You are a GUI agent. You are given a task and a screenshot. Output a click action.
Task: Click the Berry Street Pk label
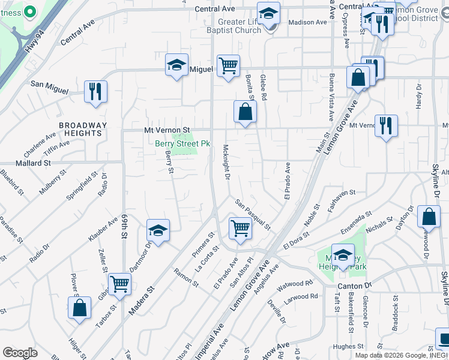[182, 144]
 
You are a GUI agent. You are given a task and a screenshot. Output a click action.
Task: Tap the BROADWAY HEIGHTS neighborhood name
[83, 129]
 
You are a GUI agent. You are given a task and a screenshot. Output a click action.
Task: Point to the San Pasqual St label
[253, 215]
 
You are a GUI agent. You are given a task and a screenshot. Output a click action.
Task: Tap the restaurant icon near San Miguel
[95, 91]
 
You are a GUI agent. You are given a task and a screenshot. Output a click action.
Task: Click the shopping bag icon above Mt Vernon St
[245, 111]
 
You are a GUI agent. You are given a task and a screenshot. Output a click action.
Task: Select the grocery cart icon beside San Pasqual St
[240, 227]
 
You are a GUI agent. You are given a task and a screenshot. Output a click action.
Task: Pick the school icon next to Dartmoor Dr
[158, 230]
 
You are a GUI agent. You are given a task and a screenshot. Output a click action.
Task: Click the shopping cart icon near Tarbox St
[119, 283]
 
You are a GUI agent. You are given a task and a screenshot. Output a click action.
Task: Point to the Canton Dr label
[355, 286]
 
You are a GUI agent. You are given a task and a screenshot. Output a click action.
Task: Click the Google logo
[20, 353]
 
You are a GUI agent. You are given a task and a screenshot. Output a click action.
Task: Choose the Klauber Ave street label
[103, 229]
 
